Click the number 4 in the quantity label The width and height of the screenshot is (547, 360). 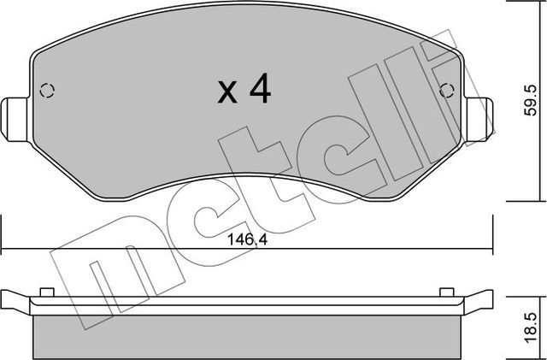[258, 90]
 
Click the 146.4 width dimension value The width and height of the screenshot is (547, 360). [248, 240]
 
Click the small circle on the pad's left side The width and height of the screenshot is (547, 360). [48, 90]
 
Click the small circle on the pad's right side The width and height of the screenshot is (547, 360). [444, 90]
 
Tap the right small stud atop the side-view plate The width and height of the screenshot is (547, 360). [445, 292]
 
